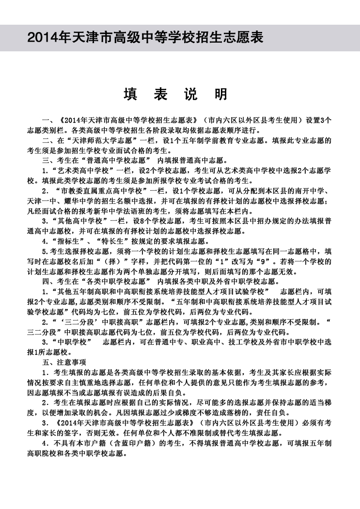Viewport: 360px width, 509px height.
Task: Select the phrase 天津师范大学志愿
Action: pos(97,141)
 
